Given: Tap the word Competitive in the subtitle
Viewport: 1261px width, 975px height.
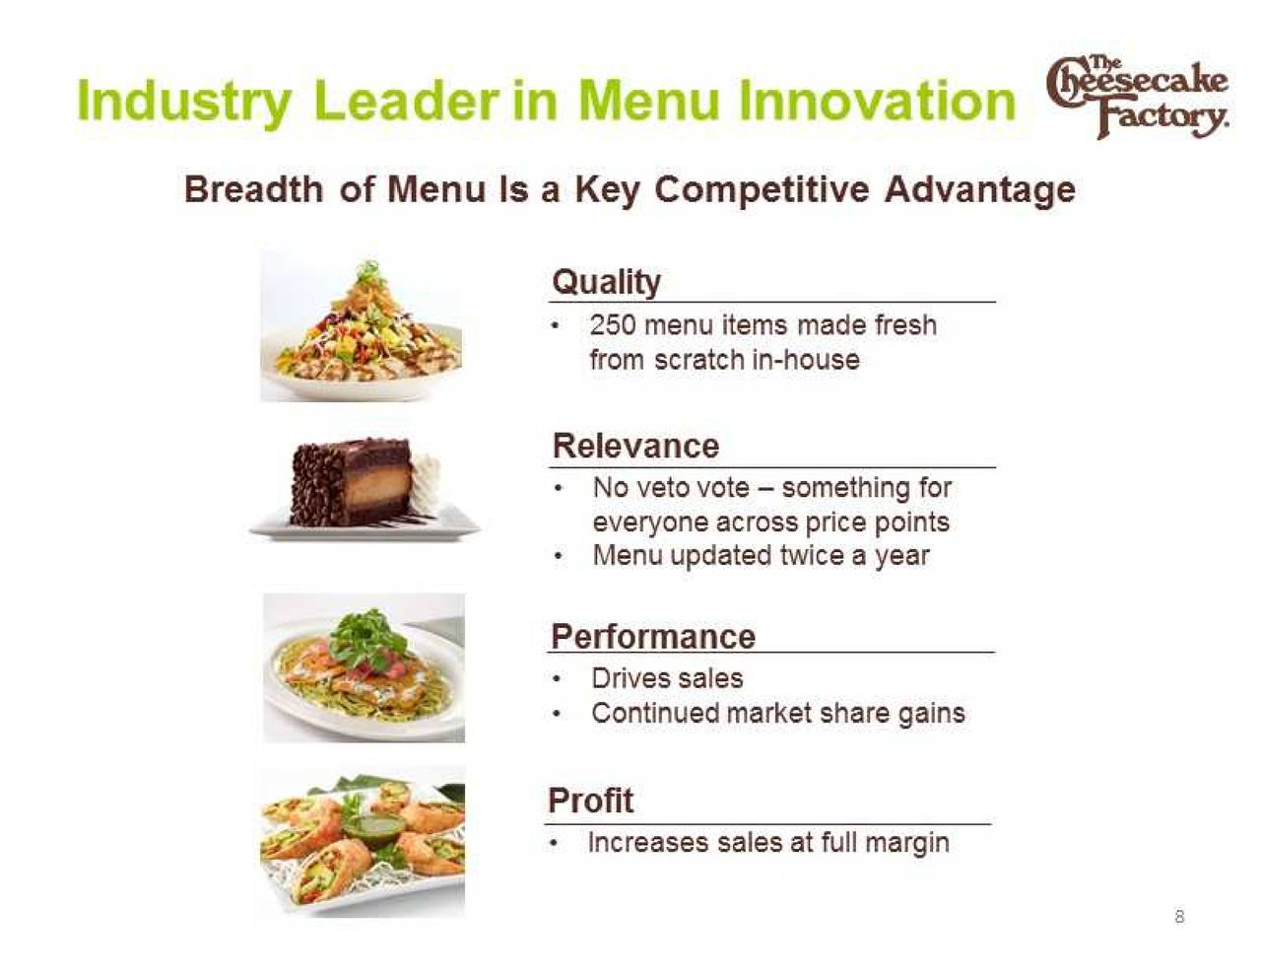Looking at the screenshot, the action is pos(762,191).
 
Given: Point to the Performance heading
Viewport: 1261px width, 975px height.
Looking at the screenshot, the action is pos(653,637).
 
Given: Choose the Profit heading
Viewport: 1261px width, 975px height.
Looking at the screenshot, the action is pos(590,801).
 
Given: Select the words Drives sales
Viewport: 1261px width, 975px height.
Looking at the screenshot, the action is pos(667,678).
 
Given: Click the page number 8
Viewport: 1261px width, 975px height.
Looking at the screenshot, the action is pos(1180,917).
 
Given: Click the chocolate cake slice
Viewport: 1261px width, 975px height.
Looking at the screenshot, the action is pos(352,481).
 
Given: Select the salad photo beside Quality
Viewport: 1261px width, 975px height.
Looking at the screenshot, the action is pos(361,325).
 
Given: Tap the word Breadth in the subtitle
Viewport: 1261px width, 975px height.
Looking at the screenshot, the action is pos(253,190).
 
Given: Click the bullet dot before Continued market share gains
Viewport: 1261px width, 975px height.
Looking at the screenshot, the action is pos(558,715).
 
